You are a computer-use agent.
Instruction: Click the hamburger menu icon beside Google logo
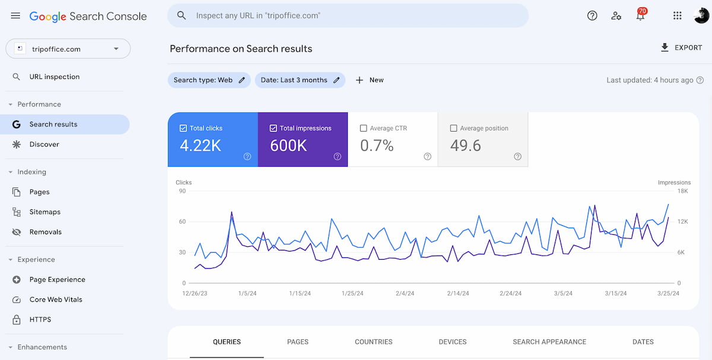[x=15, y=16]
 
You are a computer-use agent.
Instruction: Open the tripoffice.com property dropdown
[x=68, y=49]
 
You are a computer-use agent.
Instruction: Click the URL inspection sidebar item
[x=54, y=77]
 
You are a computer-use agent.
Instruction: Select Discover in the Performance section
[x=44, y=144]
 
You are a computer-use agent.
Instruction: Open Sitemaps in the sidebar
[x=45, y=212]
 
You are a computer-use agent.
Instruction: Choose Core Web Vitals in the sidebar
[x=56, y=300]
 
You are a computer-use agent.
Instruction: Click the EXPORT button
[x=681, y=47]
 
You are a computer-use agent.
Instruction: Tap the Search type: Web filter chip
[x=209, y=80]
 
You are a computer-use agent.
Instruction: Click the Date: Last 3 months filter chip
[x=300, y=80]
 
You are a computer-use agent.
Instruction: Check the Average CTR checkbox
[x=364, y=128]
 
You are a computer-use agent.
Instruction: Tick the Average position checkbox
[x=454, y=128]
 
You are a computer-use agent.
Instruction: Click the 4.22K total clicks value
[x=201, y=146]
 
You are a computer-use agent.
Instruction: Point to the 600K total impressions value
[x=288, y=146]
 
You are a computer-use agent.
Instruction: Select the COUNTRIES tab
[x=373, y=342]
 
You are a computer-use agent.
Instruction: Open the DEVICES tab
[x=452, y=342]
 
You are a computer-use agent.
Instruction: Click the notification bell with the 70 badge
[x=640, y=16]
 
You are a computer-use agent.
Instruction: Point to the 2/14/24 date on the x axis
[x=458, y=294]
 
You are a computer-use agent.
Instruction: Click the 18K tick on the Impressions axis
[x=682, y=191]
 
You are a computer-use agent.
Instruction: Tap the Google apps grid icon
[x=677, y=16]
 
